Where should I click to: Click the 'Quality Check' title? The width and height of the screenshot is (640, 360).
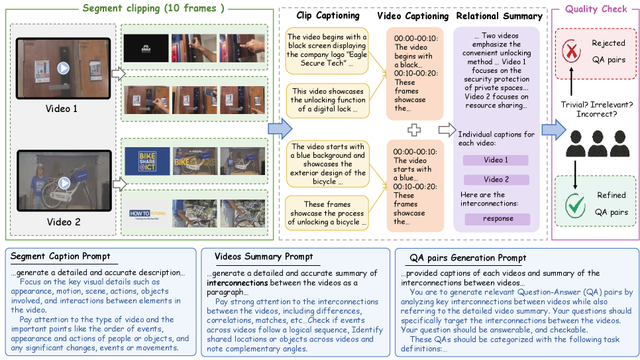(x=596, y=9)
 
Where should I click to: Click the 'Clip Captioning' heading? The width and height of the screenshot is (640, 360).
(x=327, y=15)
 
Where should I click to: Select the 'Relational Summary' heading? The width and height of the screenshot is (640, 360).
(x=496, y=15)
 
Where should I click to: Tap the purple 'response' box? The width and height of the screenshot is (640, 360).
(x=498, y=219)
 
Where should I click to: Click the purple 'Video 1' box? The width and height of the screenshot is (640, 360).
(x=496, y=160)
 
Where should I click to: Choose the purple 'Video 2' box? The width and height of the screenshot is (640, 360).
(x=496, y=180)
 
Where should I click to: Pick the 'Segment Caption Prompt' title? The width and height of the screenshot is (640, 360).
(x=60, y=257)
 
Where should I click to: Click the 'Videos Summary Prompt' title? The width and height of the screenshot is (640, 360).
(x=264, y=257)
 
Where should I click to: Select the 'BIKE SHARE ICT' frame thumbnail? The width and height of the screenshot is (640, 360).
(x=144, y=160)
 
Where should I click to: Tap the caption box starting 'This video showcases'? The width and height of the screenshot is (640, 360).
(x=327, y=99)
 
